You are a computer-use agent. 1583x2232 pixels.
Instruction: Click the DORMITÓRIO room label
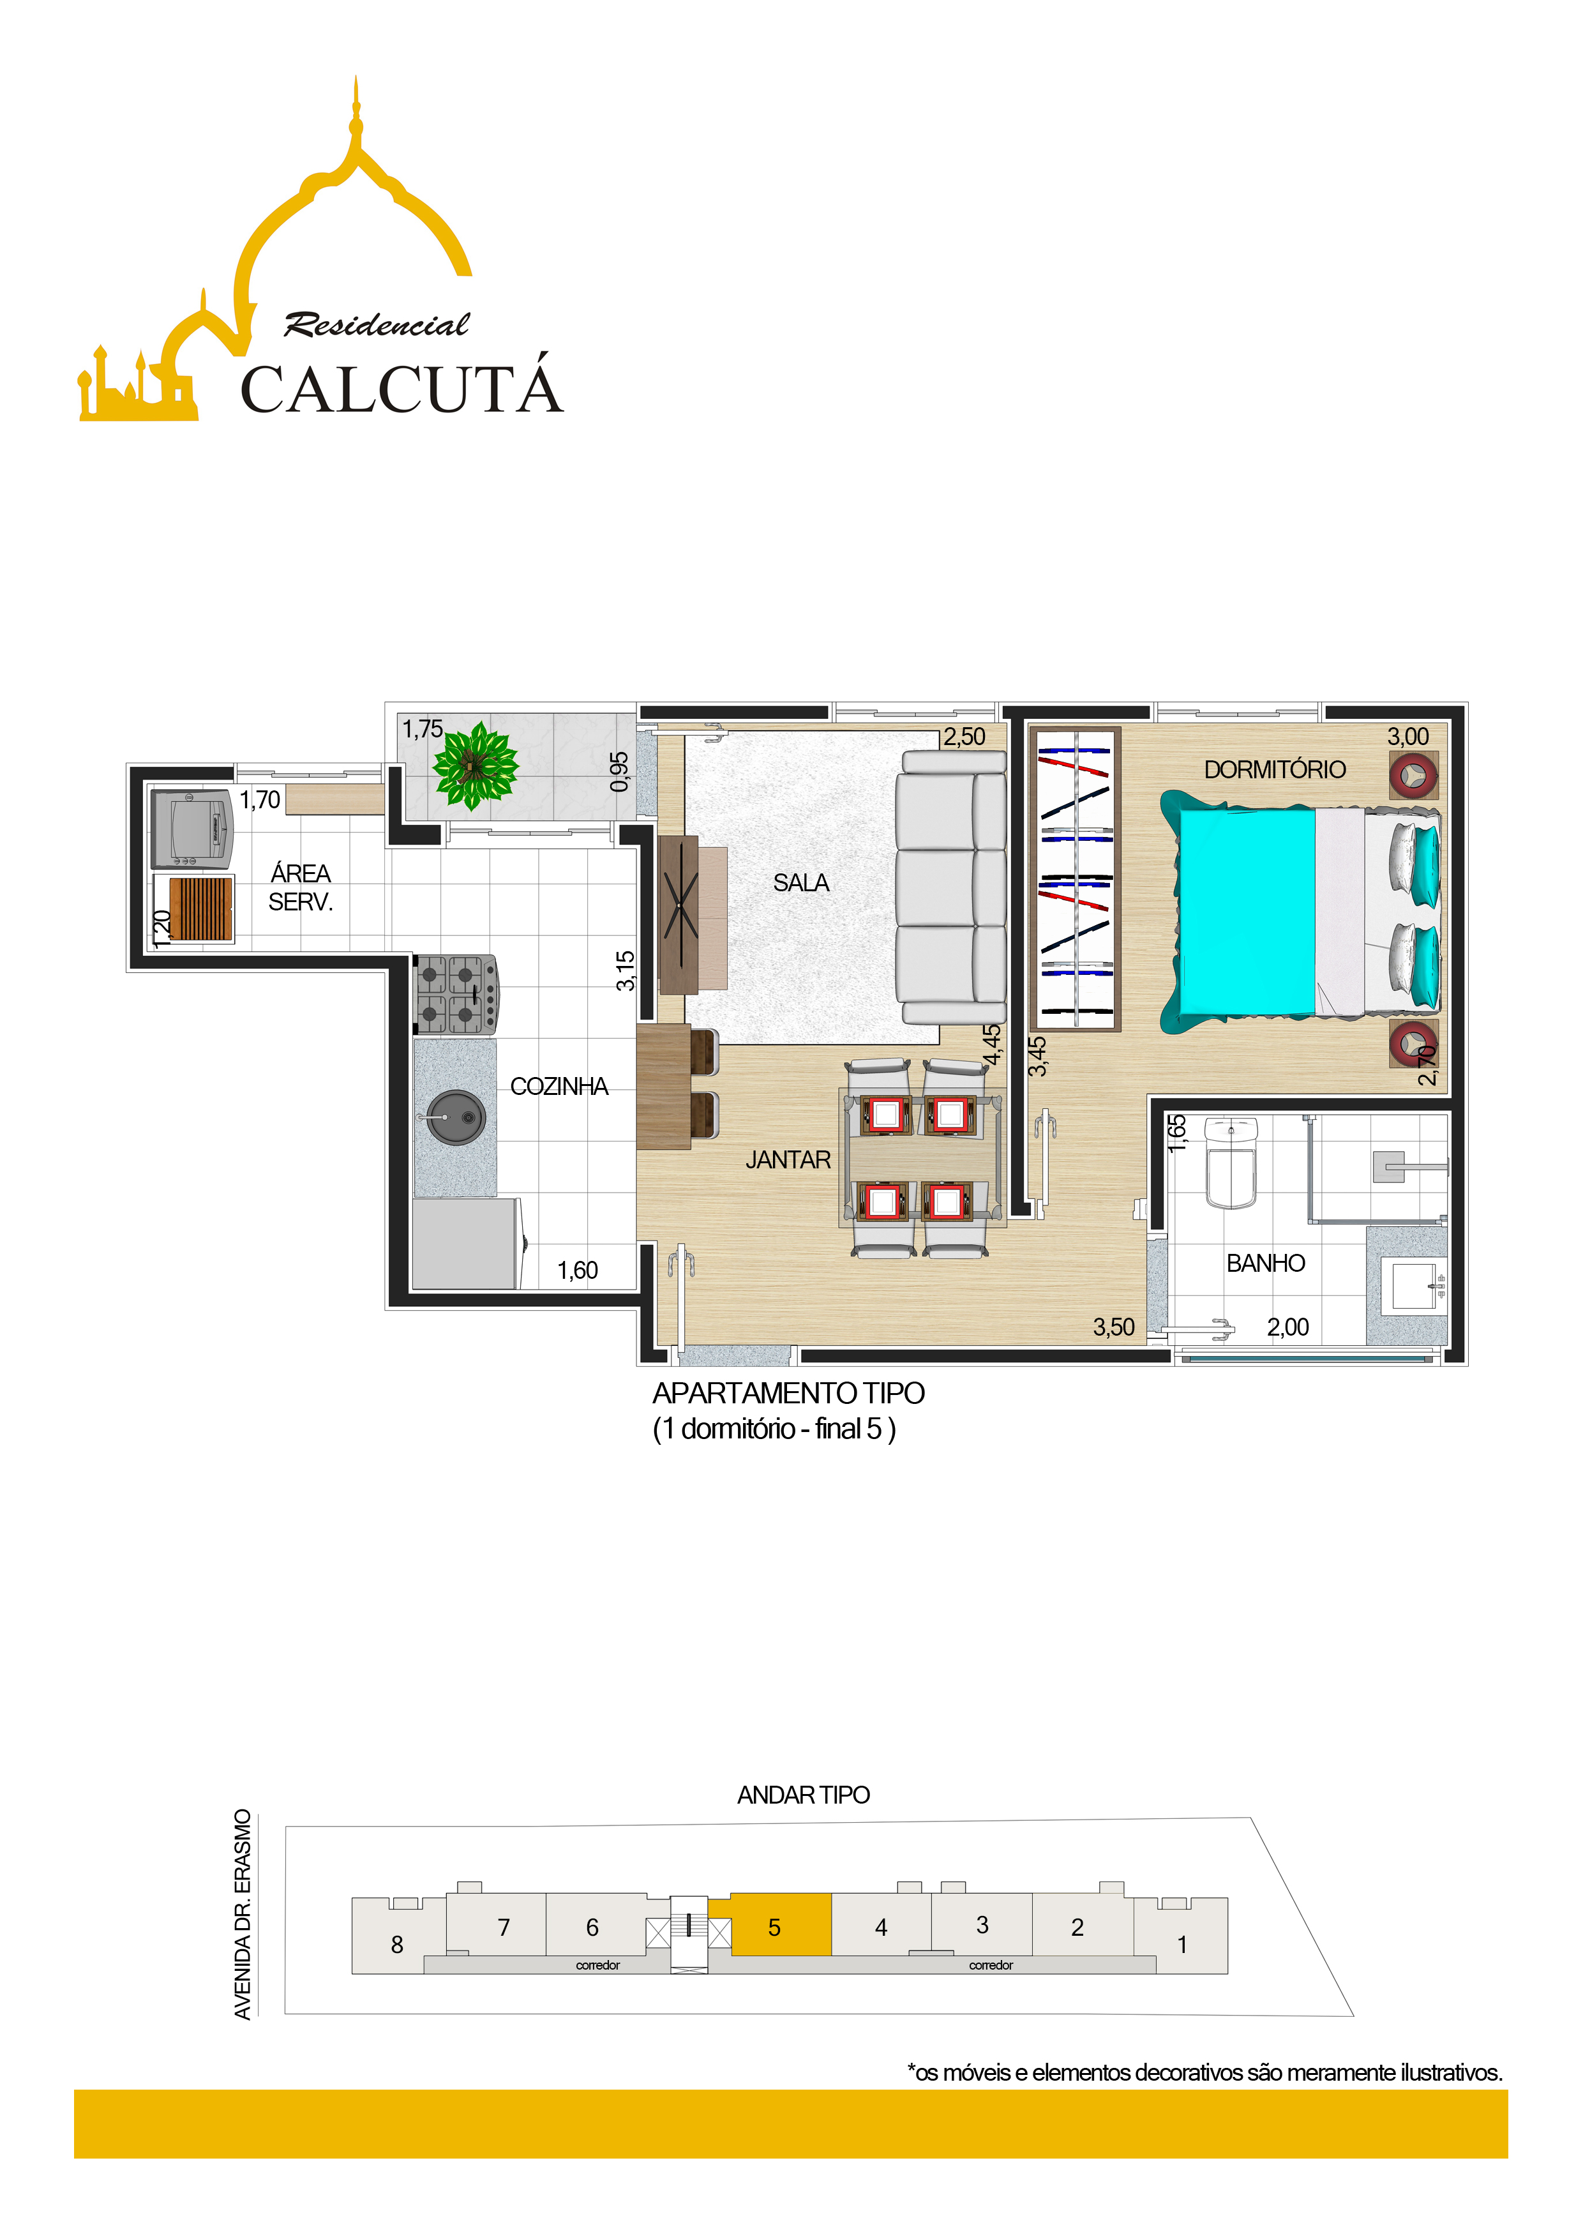1274,769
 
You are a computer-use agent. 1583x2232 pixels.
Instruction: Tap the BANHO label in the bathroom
1265,1263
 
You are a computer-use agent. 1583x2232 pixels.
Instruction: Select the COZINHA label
559,1086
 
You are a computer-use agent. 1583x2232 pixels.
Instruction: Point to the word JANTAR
788,1160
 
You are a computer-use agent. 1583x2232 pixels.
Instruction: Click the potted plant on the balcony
475,766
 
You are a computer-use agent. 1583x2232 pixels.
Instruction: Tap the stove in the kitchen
456,993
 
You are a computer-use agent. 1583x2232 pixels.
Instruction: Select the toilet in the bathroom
1231,1163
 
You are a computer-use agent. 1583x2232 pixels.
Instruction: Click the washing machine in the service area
192,829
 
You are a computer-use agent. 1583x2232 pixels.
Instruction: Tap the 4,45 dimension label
991,1046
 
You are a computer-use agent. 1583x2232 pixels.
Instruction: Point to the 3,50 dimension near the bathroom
1113,1327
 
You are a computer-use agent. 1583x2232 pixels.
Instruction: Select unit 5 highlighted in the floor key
774,1927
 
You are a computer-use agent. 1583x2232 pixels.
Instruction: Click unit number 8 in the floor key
397,1945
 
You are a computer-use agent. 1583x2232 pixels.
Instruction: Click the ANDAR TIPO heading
803,1795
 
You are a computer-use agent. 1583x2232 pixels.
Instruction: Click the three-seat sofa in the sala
951,888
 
